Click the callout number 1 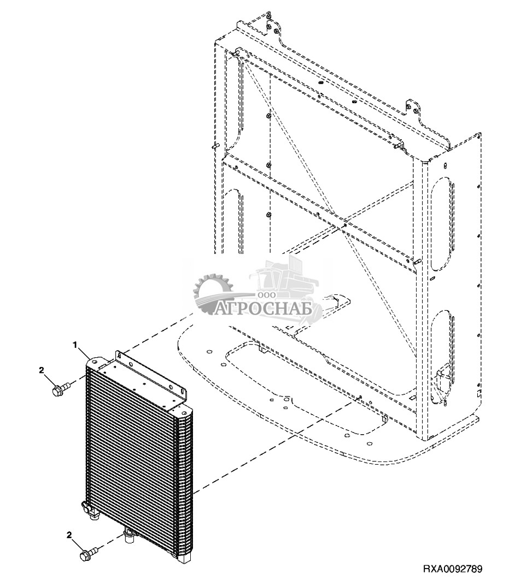point(75,345)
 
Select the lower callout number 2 point(69,535)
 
